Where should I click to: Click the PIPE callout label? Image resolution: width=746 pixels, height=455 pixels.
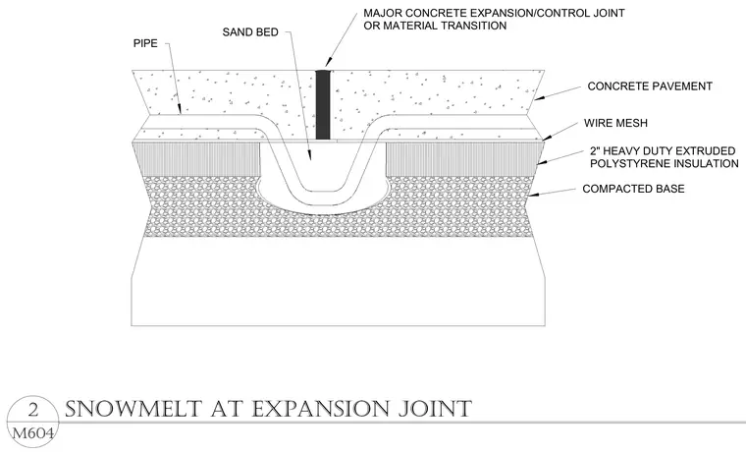[x=145, y=43]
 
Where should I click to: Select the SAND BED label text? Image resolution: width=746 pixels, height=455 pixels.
[x=250, y=32]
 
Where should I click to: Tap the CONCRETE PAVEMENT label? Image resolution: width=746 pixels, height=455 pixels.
[x=650, y=86]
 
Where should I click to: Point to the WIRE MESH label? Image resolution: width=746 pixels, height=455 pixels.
[x=615, y=123]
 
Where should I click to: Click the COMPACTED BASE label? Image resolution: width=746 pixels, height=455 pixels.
[x=633, y=189]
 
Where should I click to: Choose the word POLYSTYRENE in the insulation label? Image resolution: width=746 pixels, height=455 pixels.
[x=629, y=164]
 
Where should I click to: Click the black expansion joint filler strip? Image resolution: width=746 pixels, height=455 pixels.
[x=323, y=105]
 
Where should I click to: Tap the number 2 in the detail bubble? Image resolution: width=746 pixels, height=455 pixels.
[x=32, y=411]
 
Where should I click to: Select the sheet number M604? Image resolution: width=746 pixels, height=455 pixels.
[x=32, y=433]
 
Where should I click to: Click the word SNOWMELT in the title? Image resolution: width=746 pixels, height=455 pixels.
[x=133, y=410]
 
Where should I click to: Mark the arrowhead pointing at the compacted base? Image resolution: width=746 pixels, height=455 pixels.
[x=534, y=195]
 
